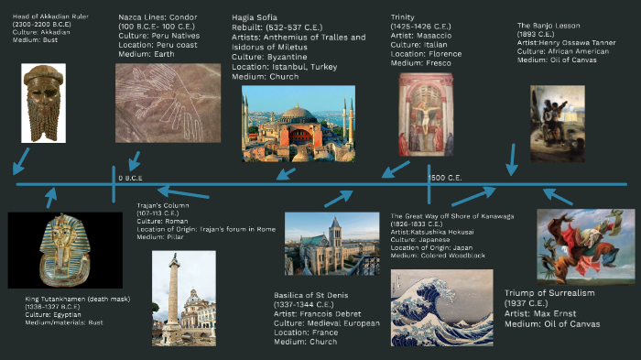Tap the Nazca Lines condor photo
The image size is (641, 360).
168,103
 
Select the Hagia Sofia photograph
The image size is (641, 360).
299,124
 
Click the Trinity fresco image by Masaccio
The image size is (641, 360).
425,115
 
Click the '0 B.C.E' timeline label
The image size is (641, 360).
130,177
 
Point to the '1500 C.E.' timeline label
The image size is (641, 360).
449,177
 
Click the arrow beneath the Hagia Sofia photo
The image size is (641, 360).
287,171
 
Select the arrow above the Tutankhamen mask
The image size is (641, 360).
52,196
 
